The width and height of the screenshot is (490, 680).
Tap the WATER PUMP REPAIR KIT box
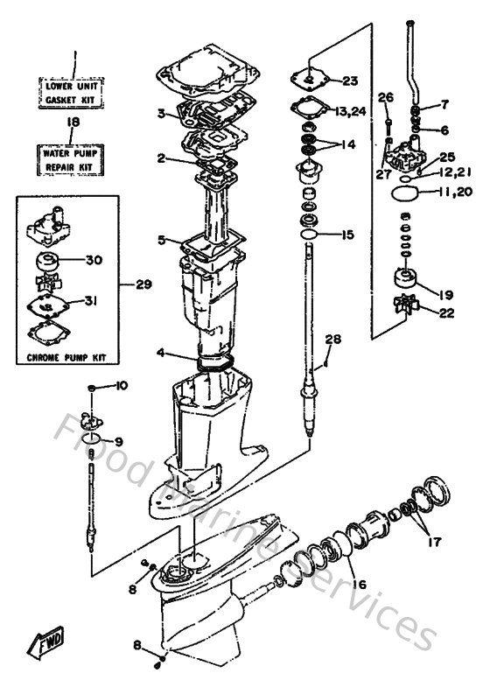74,158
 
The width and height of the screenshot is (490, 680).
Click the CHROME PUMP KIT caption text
74,358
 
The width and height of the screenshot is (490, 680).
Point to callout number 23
350,81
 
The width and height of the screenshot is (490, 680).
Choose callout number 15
348,235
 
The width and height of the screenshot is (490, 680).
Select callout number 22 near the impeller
446,312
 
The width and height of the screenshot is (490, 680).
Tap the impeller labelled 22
407,306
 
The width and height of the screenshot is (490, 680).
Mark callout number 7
444,104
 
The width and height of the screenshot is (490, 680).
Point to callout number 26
386,96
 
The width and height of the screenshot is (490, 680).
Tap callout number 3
161,113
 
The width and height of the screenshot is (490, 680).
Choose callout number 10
121,386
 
